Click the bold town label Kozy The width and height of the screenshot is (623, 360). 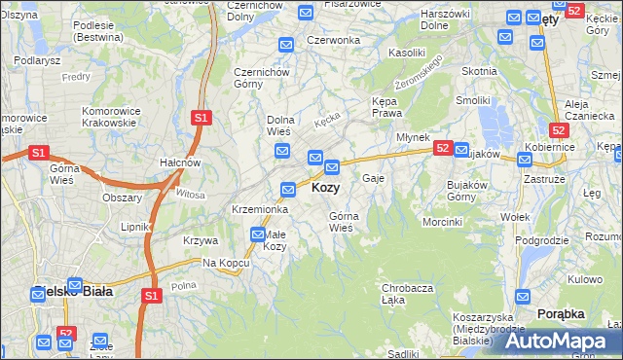click(x=325, y=188)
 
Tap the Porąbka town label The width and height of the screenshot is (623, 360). click(x=560, y=313)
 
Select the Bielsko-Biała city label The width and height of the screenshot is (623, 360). click(x=73, y=291)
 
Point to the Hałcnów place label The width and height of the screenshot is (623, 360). click(x=180, y=162)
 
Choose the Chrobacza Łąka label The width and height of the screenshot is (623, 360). click(x=407, y=294)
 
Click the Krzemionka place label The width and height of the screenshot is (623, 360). click(x=259, y=209)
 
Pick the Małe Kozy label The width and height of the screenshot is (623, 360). click(x=275, y=240)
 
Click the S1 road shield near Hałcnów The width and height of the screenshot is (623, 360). click(x=201, y=118)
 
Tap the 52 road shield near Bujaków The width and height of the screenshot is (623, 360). click(x=443, y=148)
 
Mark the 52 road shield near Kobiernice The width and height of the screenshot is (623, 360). click(x=558, y=129)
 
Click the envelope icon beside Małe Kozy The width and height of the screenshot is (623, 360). click(x=258, y=234)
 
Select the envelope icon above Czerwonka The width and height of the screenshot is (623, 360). click(x=286, y=45)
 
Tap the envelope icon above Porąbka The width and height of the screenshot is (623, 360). click(x=524, y=297)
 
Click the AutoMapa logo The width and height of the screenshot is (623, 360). click(x=557, y=341)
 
